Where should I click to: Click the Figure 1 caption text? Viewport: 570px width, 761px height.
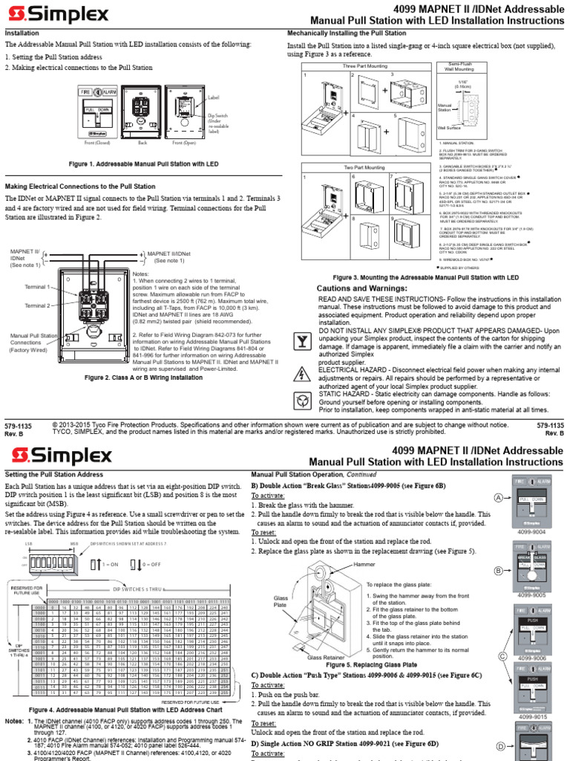point(143,162)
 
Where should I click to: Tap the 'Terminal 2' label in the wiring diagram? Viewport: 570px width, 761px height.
point(36,305)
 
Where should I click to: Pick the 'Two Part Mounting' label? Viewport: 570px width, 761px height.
point(364,168)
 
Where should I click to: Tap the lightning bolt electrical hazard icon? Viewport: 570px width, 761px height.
point(301,372)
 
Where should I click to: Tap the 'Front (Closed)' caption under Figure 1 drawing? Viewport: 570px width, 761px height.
point(99,142)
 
